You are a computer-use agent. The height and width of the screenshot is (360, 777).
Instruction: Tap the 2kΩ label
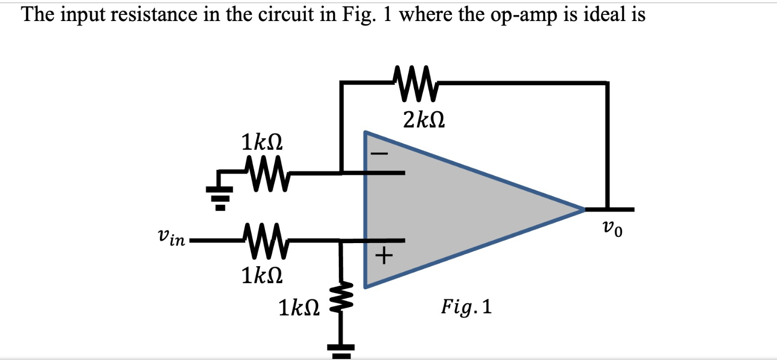pyautogui.click(x=423, y=119)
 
